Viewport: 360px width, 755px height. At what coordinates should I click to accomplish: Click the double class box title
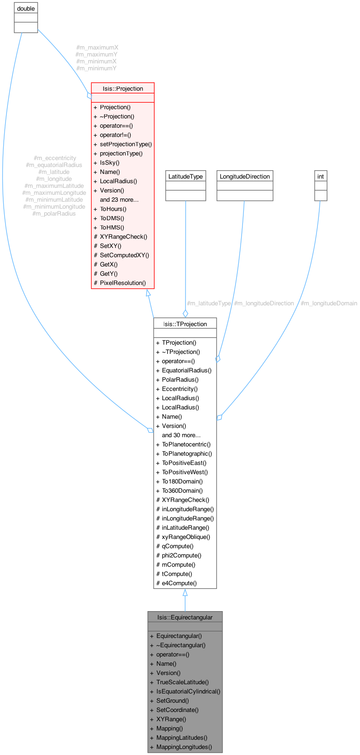click(x=26, y=8)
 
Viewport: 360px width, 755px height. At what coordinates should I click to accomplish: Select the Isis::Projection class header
click(x=123, y=88)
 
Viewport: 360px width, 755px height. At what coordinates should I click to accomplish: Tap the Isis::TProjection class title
click(x=185, y=324)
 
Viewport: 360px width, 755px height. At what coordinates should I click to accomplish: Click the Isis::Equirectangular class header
click(x=185, y=617)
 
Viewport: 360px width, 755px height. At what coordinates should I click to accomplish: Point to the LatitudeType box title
click(x=185, y=176)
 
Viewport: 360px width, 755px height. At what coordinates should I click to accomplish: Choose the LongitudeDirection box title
click(x=244, y=176)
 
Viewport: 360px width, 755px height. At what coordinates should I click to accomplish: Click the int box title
click(x=320, y=176)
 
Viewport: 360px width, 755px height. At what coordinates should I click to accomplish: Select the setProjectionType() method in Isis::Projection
click(x=125, y=144)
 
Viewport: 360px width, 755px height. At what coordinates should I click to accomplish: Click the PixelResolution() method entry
click(x=123, y=283)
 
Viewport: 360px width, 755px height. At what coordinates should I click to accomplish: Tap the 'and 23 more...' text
click(x=119, y=199)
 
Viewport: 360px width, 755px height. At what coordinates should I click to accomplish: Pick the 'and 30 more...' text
click(x=181, y=435)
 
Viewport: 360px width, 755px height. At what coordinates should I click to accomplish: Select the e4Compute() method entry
click(x=179, y=583)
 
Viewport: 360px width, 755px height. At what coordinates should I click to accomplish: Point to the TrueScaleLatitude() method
click(x=182, y=682)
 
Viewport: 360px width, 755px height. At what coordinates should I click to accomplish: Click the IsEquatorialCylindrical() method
click(x=188, y=691)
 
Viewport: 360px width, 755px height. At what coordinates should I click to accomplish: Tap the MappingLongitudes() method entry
click(x=184, y=747)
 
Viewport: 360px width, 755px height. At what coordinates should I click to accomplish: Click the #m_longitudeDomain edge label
click(x=329, y=303)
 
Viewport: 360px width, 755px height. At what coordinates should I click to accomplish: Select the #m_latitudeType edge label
click(x=209, y=303)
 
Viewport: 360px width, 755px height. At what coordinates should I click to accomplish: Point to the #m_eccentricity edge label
click(x=55, y=158)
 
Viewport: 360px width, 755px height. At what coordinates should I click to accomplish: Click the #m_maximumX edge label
click(x=97, y=47)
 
